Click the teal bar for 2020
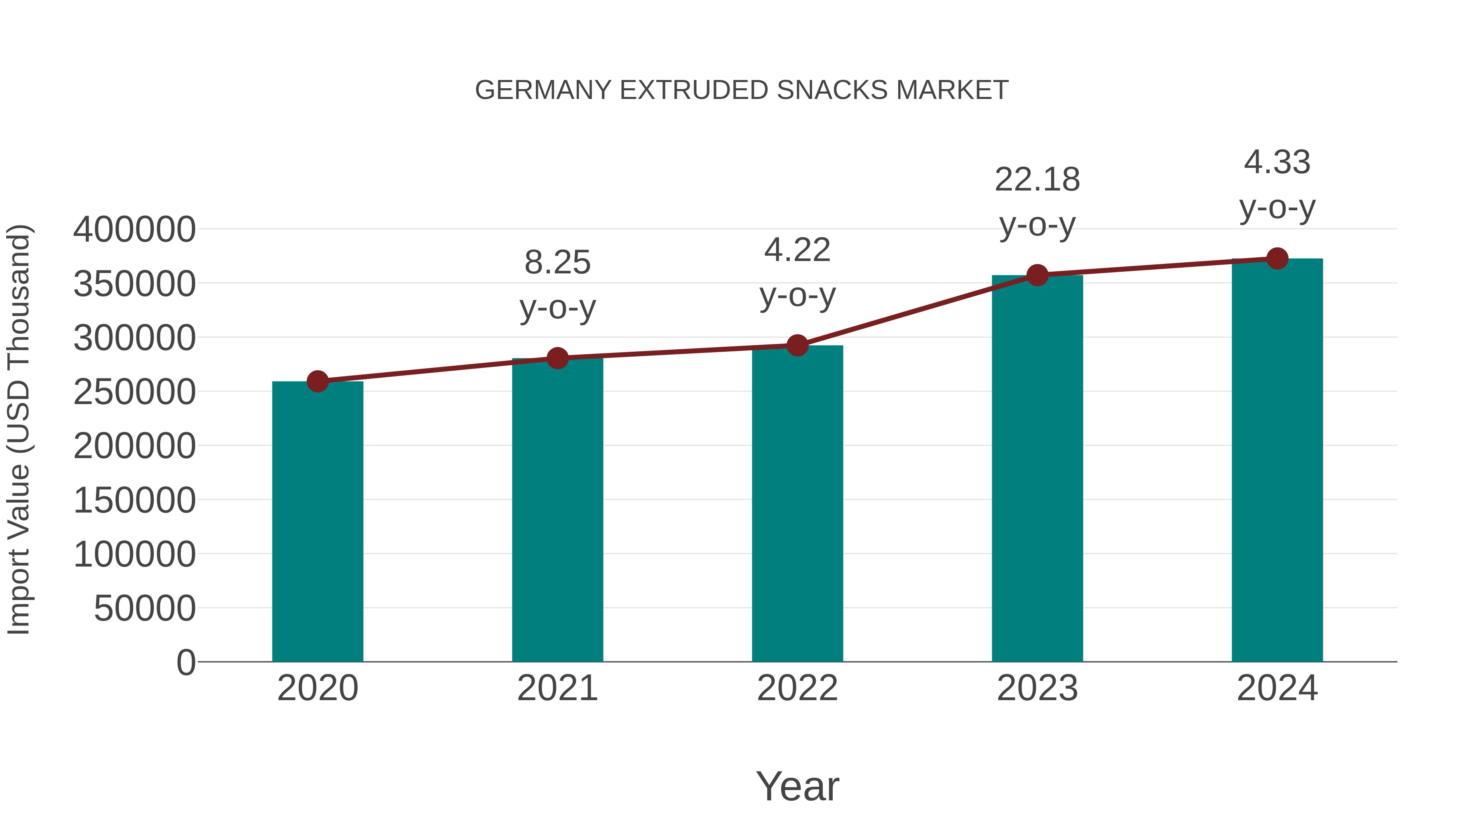point(317,522)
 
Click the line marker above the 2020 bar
point(317,381)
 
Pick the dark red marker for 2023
point(1037,275)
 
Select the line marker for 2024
point(1277,259)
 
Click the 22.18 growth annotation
point(1037,180)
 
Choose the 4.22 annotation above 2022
point(797,250)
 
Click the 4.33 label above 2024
point(1277,162)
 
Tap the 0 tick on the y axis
point(186,662)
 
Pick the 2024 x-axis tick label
point(1277,688)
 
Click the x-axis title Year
point(797,786)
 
